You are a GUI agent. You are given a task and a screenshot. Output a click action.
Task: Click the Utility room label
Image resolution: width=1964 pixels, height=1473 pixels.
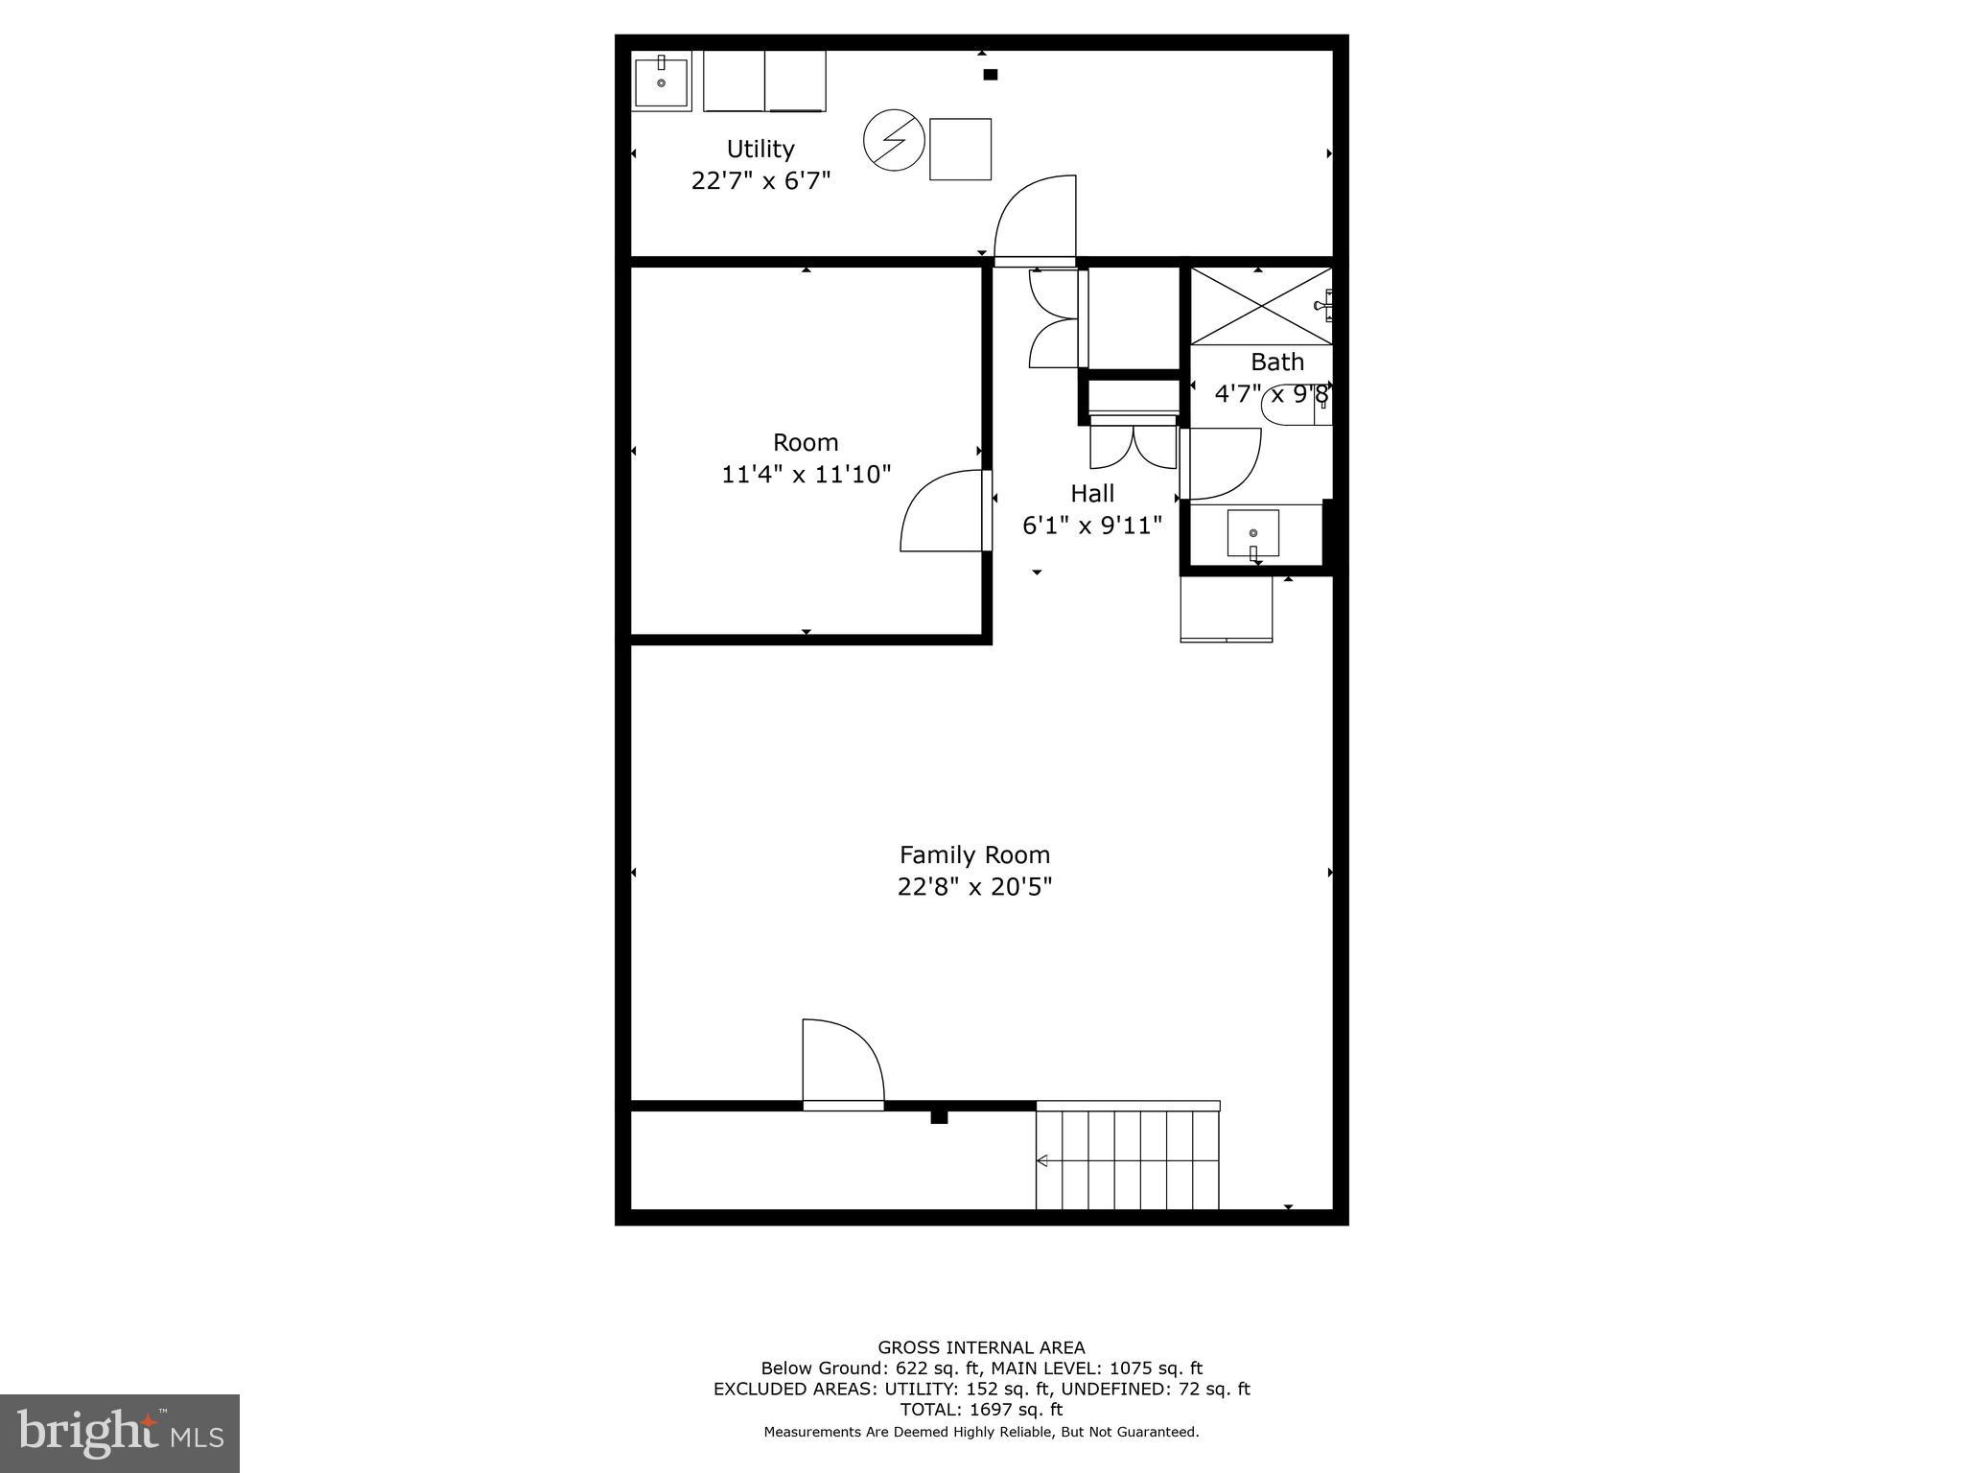tap(760, 149)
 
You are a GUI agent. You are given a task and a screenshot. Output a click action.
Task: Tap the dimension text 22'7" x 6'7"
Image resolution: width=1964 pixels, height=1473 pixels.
tap(760, 180)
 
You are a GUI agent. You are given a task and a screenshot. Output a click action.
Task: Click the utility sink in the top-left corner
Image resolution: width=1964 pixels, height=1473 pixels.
tap(661, 82)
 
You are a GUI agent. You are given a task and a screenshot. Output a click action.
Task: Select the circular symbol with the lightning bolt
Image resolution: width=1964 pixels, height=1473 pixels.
tap(894, 141)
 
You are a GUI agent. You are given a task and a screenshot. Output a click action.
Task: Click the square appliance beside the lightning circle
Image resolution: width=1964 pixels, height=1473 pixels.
tap(960, 149)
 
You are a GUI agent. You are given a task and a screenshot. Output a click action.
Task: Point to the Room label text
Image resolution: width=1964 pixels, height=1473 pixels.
tap(806, 442)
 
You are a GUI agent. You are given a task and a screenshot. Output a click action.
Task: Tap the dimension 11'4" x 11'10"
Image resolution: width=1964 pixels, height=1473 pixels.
tap(806, 474)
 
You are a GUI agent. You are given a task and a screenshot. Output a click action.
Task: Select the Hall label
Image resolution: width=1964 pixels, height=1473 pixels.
tap(1092, 493)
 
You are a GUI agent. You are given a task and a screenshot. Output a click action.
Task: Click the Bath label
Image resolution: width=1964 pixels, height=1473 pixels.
tap(1276, 362)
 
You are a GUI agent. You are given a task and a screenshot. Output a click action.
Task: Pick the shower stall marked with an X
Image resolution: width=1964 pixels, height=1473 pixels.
tap(1260, 306)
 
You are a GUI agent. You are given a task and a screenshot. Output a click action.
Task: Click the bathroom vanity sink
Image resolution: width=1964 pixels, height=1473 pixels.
tap(1252, 533)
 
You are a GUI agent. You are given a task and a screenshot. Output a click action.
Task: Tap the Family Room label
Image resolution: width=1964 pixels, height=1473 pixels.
tap(974, 854)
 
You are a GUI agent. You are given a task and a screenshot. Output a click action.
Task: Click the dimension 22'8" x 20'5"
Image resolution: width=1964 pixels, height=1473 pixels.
tap(974, 886)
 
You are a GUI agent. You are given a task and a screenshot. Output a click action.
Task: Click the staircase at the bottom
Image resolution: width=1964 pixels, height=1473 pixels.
tap(1128, 1159)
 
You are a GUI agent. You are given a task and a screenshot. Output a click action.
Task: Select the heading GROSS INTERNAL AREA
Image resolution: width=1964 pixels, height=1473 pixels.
tap(981, 1347)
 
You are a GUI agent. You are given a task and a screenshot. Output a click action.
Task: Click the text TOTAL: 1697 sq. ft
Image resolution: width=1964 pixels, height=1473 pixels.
tap(981, 1410)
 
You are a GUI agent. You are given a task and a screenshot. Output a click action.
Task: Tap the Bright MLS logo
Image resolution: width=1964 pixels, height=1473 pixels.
tap(120, 1434)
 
